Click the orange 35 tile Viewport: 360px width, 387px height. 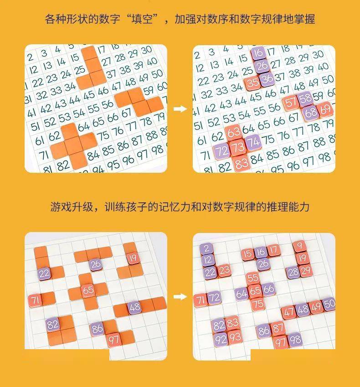point(252,83)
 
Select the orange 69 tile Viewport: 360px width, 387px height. point(325,109)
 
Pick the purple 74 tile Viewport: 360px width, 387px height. point(253,142)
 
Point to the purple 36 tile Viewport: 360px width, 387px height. point(267,79)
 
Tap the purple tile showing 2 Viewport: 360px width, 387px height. point(206,248)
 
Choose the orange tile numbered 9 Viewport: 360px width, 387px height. point(299,246)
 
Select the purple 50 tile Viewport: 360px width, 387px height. point(329,304)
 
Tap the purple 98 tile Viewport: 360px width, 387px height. point(295,341)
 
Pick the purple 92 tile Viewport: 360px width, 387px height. point(221,340)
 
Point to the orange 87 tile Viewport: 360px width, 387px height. point(278,329)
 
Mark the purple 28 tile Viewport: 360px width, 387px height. point(293,273)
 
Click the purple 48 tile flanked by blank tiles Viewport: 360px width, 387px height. point(134,308)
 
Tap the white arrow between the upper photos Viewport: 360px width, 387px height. point(180,109)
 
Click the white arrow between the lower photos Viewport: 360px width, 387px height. point(180,296)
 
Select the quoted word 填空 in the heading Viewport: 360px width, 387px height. point(142,19)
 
